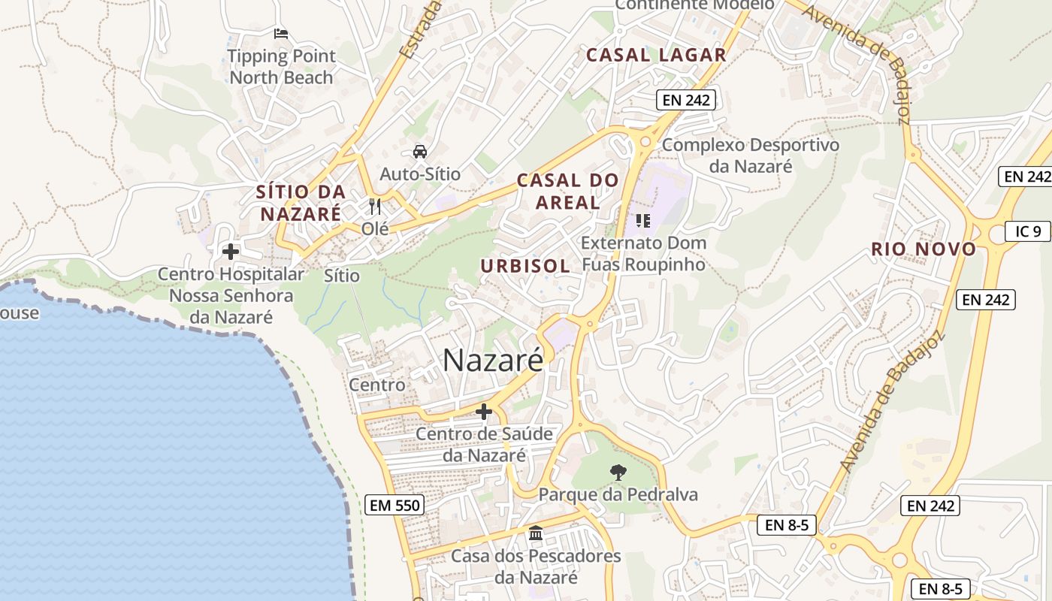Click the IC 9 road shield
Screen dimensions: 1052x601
(x=1028, y=231)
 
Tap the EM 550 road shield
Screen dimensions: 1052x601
(x=395, y=506)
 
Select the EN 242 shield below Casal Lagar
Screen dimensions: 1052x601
(x=685, y=100)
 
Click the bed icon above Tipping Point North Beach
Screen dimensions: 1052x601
(x=281, y=34)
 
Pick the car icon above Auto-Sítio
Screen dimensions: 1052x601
(x=420, y=152)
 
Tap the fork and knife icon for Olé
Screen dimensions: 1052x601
(x=375, y=207)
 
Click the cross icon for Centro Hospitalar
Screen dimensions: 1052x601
(x=231, y=252)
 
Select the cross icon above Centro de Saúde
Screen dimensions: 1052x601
(x=484, y=412)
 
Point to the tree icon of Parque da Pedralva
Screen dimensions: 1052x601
(x=618, y=473)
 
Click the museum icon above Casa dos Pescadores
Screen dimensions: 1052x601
(x=536, y=533)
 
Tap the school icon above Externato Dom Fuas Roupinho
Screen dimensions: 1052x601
(x=642, y=220)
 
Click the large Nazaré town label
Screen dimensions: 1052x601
(x=492, y=361)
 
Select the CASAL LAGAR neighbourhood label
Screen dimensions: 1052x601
(x=656, y=55)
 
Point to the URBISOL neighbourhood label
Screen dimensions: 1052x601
(x=525, y=266)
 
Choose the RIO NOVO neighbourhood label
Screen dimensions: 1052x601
(x=924, y=249)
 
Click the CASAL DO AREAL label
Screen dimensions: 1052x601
(x=568, y=191)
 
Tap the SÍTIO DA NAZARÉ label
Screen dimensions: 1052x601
(x=301, y=202)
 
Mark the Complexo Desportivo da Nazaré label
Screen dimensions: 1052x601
(x=750, y=155)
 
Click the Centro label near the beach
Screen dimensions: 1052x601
(x=377, y=385)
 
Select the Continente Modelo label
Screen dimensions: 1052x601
(x=694, y=5)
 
